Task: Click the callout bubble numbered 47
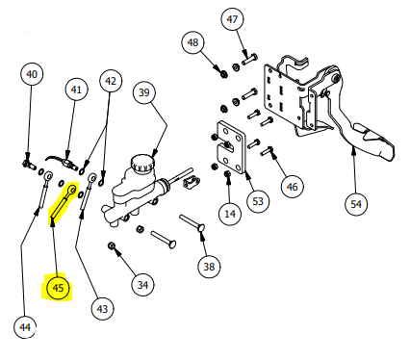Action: pyautogui.click(x=232, y=19)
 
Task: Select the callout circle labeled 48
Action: pyautogui.click(x=192, y=42)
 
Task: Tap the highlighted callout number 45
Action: pyautogui.click(x=58, y=288)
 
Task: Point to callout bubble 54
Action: pyautogui.click(x=356, y=204)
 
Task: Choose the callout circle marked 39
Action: pyautogui.click(x=144, y=92)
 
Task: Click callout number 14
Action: pyautogui.click(x=230, y=214)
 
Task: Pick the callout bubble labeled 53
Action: pyautogui.click(x=258, y=201)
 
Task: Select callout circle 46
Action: pyautogui.click(x=292, y=187)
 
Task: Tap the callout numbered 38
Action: pyautogui.click(x=209, y=267)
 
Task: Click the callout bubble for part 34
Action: pyautogui.click(x=142, y=285)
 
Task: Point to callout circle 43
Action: pyautogui.click(x=102, y=309)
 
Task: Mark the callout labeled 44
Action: pyautogui.click(x=25, y=327)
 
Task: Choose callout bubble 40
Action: pyautogui.click(x=32, y=74)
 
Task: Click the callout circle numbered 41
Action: pyautogui.click(x=76, y=90)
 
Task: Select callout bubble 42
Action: pyautogui.click(x=111, y=81)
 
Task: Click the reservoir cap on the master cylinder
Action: pyautogui.click(x=142, y=163)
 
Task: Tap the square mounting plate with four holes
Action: pyautogui.click(x=231, y=147)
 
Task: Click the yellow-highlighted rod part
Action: pyautogui.click(x=64, y=203)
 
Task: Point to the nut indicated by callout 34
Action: pyautogui.click(x=112, y=246)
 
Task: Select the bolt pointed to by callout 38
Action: pyautogui.click(x=193, y=223)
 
